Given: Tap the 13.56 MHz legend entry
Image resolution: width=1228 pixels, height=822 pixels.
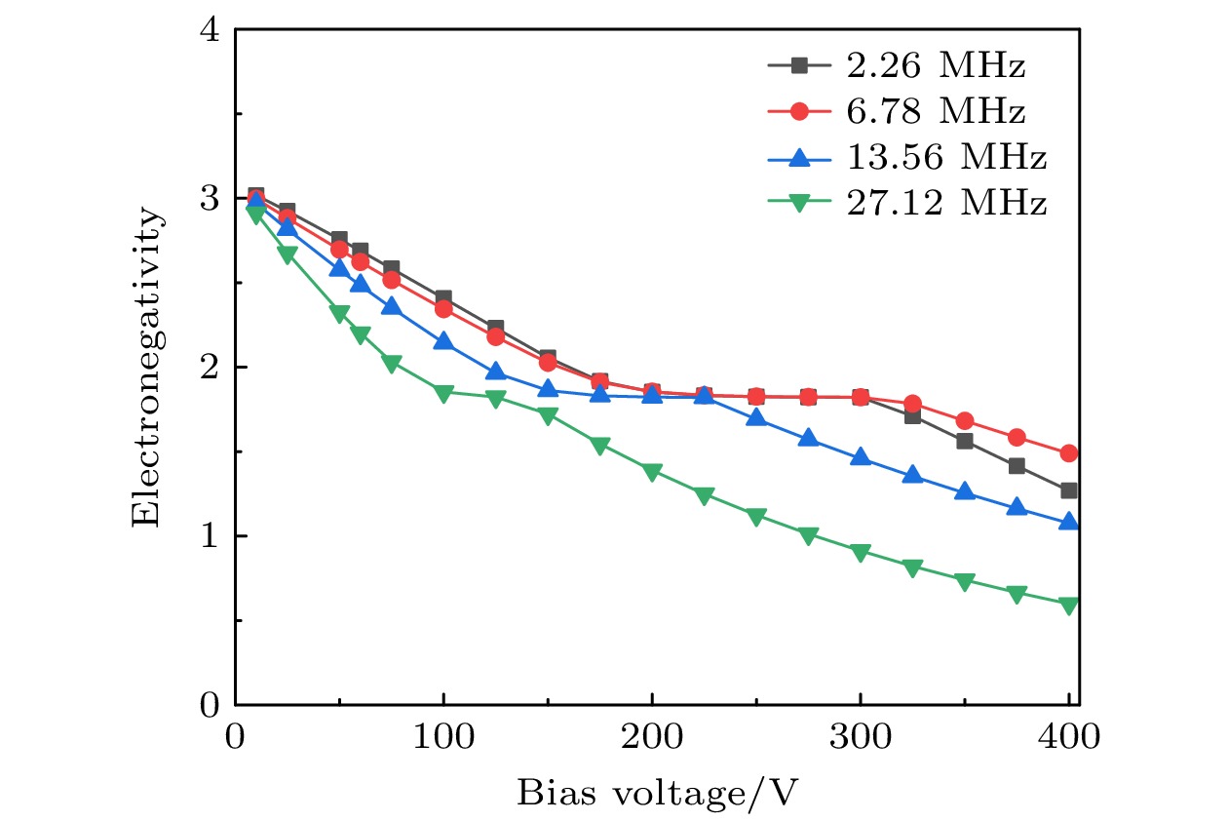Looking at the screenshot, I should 942,157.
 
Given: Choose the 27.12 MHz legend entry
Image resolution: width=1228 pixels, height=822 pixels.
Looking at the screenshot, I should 942,203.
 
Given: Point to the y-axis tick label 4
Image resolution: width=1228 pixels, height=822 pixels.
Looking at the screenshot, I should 209,30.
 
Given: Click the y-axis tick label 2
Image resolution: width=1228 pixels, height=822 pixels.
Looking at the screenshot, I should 209,368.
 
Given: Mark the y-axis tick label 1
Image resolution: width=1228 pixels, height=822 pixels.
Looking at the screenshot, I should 209,536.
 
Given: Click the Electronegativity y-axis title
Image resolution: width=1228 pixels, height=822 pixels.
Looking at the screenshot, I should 145,367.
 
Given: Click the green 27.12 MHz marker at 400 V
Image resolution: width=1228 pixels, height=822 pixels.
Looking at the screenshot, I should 1069,606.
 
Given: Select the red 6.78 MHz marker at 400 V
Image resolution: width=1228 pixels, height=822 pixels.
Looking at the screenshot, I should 1069,453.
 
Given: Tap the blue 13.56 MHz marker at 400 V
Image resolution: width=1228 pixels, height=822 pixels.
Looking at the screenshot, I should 1069,522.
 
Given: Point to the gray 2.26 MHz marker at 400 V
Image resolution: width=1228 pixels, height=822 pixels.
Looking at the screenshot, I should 1069,490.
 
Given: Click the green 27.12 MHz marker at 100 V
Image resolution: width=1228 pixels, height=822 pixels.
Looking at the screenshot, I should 443,393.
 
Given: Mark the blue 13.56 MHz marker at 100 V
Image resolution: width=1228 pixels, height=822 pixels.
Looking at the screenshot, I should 443,341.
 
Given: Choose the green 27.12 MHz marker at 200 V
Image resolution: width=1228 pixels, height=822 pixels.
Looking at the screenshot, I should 652,472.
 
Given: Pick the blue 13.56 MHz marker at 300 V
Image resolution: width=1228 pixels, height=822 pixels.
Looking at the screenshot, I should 861,456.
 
